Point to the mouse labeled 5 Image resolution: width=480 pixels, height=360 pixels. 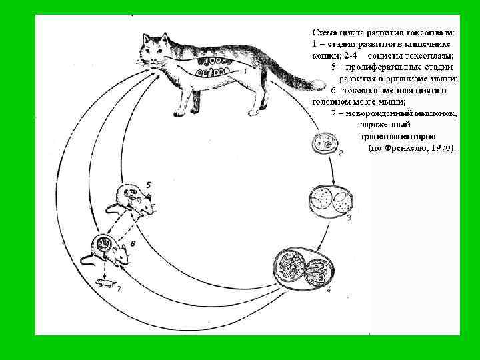(x=133, y=198)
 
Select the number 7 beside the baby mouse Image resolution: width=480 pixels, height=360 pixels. (x=119, y=289)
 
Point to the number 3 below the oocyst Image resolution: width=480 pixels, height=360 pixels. (x=349, y=218)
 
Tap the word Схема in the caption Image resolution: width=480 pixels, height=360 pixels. (x=326, y=31)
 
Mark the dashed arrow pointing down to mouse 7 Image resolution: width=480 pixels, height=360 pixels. (x=105, y=269)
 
